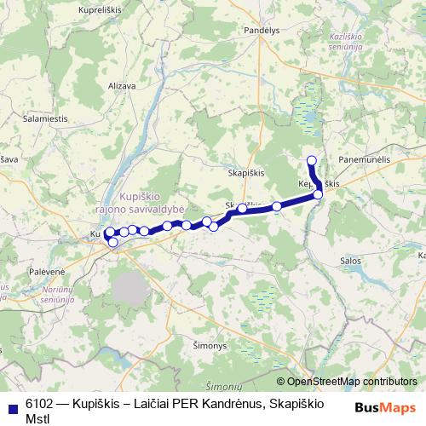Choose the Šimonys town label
234,345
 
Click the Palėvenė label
23,270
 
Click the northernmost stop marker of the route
311,160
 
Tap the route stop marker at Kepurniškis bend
318,195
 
